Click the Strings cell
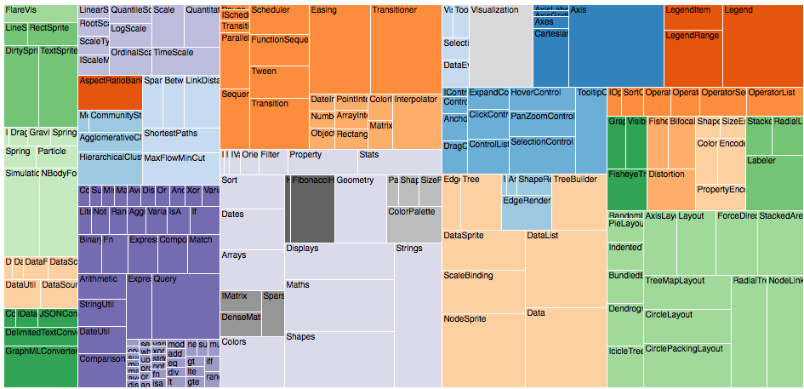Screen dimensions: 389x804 (x=418, y=315)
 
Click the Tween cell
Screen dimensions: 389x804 (x=279, y=81)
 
